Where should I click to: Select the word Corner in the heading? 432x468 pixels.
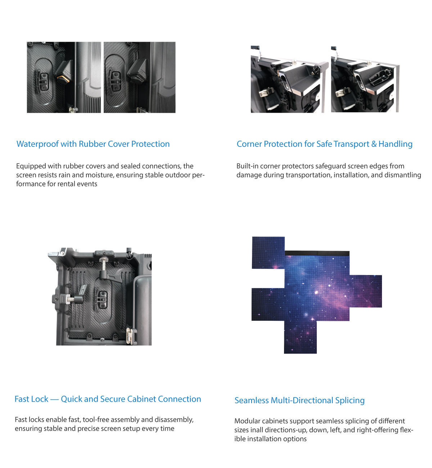coord(249,144)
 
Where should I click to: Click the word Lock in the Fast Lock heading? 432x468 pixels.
coord(39,399)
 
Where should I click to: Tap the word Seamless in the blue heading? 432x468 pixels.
coord(252,400)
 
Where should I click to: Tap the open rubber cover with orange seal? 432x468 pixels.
coord(64,71)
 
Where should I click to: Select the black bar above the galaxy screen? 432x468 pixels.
coord(317,253)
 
